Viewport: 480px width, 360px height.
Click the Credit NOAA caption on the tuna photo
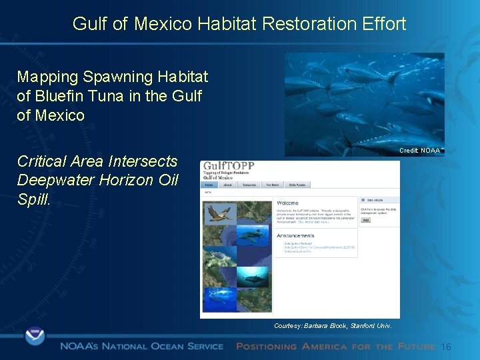click(419, 151)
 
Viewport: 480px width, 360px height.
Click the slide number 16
click(447, 347)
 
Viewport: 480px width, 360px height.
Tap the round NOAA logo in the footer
click(35, 335)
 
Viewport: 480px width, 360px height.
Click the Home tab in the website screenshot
click(209, 185)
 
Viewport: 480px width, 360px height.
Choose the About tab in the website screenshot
click(229, 185)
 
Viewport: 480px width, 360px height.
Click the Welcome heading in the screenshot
click(288, 203)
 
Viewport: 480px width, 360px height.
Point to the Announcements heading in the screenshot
click(295, 235)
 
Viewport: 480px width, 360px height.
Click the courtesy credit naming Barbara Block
click(333, 326)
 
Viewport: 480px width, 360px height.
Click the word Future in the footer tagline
click(417, 347)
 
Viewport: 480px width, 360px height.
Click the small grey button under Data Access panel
click(366, 219)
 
